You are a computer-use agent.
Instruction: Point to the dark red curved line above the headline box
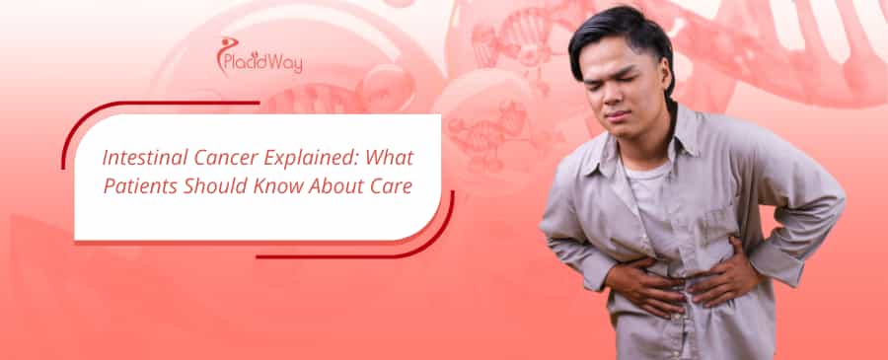point(148,106)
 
